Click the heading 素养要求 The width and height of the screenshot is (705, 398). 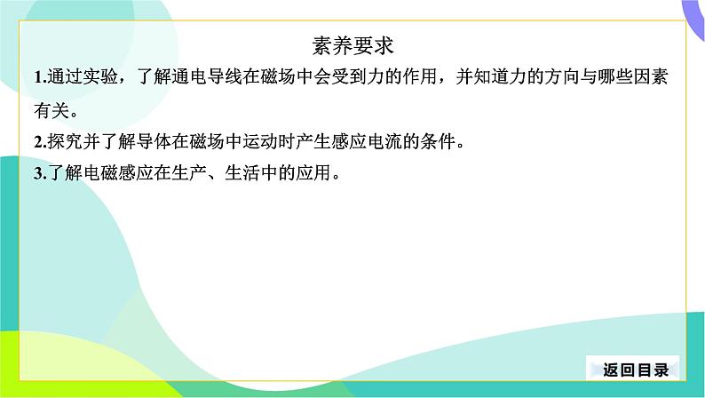[x=353, y=46]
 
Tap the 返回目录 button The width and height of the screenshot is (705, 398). [x=636, y=370]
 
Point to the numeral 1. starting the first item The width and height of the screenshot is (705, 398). [x=41, y=77]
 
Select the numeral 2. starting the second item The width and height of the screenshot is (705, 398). [x=41, y=142]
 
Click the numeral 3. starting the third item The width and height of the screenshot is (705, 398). [x=41, y=173]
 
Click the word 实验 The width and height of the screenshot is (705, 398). [x=100, y=76]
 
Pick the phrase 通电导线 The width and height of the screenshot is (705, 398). [x=206, y=76]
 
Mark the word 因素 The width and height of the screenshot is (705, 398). [x=650, y=76]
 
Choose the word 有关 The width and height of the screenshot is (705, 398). [x=51, y=110]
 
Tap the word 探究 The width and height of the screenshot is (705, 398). [x=65, y=141]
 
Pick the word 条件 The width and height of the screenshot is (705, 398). [x=437, y=141]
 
